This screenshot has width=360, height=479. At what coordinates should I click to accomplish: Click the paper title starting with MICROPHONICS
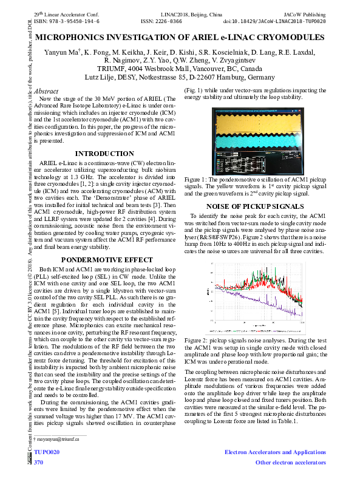tap(180, 38)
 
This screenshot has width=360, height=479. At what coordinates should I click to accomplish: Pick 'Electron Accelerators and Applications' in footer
tap(275, 453)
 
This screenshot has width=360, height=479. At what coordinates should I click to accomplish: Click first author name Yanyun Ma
tap(63, 53)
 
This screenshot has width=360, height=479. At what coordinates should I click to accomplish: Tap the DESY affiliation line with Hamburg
tap(180, 78)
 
